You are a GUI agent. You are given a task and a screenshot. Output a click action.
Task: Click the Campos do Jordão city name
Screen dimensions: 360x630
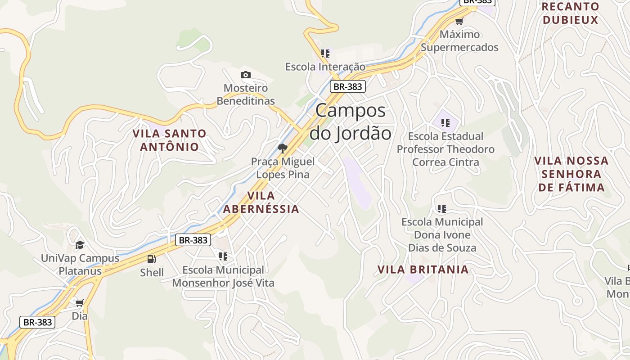(350, 122)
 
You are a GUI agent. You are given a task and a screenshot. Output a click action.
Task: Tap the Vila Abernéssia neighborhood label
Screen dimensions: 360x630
(261, 202)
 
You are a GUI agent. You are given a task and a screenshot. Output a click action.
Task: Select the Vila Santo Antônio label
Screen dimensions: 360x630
(169, 140)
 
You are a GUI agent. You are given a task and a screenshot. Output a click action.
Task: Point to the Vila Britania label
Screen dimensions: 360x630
(423, 270)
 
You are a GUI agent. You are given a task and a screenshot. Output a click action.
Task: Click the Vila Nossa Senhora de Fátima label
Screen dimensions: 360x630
(571, 174)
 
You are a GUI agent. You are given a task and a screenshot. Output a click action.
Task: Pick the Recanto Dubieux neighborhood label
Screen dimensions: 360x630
(571, 13)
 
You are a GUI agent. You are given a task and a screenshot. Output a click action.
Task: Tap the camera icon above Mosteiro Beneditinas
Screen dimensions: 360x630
(245, 75)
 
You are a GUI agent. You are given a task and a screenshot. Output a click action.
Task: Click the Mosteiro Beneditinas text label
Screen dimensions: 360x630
(246, 94)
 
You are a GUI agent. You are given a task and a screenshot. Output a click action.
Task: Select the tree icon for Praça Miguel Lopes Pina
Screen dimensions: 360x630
(283, 148)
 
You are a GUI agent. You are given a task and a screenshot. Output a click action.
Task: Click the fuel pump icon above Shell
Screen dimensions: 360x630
(152, 259)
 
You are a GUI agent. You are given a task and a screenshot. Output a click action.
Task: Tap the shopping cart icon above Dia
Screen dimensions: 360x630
(80, 303)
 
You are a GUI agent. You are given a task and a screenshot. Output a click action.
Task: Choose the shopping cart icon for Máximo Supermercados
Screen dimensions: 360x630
(459, 21)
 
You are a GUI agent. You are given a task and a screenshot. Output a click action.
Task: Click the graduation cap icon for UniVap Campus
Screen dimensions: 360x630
(80, 245)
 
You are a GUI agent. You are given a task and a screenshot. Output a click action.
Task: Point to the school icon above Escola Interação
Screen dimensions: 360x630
(325, 54)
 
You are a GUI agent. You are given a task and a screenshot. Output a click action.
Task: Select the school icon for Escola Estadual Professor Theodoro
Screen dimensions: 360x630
(445, 122)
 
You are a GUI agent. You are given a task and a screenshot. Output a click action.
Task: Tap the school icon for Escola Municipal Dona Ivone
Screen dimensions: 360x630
(442, 208)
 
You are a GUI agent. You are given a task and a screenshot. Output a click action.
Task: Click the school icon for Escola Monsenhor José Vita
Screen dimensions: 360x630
(223, 256)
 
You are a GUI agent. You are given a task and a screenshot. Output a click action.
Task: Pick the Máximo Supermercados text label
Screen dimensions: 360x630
(459, 41)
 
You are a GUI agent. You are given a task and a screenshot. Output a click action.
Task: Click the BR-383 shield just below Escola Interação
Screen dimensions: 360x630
(347, 86)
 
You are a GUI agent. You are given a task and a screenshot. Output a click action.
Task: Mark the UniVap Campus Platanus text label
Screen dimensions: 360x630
(80, 265)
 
